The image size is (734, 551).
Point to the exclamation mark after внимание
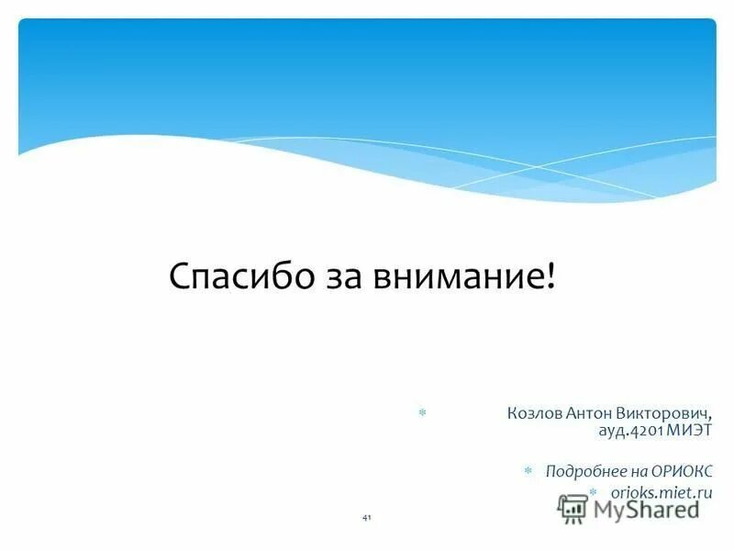550,275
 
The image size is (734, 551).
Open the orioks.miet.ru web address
662,494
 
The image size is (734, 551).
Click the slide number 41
367,519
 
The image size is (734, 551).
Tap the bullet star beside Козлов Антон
422,413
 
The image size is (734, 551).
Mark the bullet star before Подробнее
528,471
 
